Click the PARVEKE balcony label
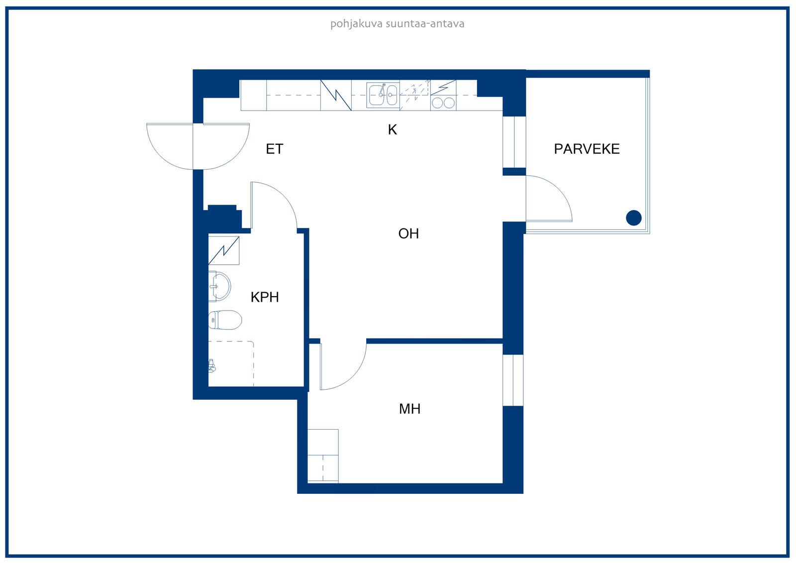(587, 149)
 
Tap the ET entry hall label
(274, 149)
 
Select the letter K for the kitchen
(393, 130)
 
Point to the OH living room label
(408, 233)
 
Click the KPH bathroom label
(265, 297)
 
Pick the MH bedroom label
(410, 409)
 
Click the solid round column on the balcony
(634, 218)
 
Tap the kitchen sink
(383, 95)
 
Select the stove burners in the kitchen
(443, 103)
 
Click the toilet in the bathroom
(225, 320)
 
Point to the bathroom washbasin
(219, 286)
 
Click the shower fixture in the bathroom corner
(212, 365)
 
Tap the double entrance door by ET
(198, 146)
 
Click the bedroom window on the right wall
(513, 380)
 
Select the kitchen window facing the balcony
(514, 142)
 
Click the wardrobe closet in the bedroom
(323, 456)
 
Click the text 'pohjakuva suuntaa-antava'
(398, 24)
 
